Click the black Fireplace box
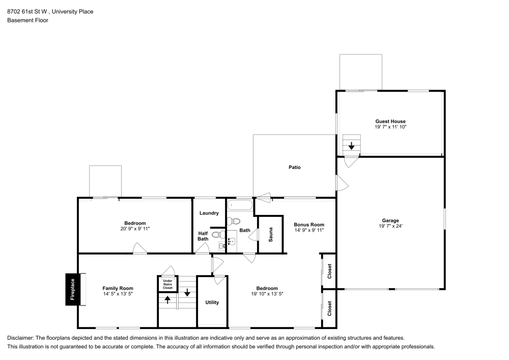(x=72, y=290)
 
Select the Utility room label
(x=212, y=302)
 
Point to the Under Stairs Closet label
(x=167, y=284)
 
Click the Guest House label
(x=390, y=121)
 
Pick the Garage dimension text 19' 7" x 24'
(x=390, y=226)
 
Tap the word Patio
(x=295, y=167)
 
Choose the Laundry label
(x=209, y=213)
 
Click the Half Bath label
(x=203, y=236)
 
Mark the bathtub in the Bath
(x=240, y=206)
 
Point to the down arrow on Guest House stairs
(x=351, y=146)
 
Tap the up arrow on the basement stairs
(x=167, y=300)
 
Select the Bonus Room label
(x=309, y=225)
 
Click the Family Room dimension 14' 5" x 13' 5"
(x=118, y=294)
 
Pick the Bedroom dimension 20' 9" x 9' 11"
(x=135, y=229)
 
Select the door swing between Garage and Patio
(x=342, y=182)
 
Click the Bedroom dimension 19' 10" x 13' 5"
(x=267, y=294)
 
